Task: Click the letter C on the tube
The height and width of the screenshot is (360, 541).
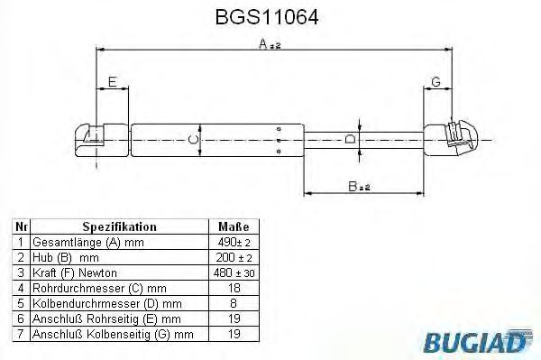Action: click(x=192, y=139)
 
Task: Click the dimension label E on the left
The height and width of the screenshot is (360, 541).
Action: click(x=112, y=82)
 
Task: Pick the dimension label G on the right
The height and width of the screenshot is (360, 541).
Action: click(x=436, y=82)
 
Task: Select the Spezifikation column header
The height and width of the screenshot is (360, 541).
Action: click(x=119, y=227)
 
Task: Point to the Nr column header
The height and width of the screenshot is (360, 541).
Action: click(x=22, y=227)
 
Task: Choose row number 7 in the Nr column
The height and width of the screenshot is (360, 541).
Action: click(x=22, y=334)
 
